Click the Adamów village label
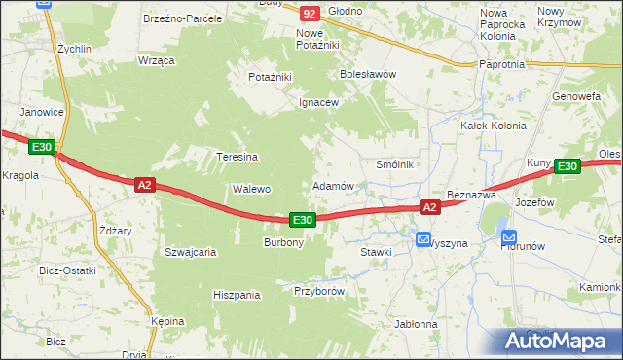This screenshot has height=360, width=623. tap(332, 185)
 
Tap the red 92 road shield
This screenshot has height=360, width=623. tap(310, 14)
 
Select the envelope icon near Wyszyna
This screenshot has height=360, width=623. tap(423, 238)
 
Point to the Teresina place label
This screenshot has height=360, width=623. tap(236, 157)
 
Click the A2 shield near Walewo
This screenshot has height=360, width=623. tap(144, 184)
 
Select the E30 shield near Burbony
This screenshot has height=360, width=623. tap(303, 221)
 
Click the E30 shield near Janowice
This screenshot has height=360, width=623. tap(41, 147)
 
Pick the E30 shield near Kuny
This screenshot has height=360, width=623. tap(568, 167)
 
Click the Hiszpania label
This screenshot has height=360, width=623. tap(238, 294)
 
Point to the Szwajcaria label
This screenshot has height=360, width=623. tap(190, 251)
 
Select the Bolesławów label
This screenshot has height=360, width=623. tap(366, 73)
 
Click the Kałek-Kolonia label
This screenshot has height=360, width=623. tap(493, 126)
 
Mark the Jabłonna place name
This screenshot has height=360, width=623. tap(417, 324)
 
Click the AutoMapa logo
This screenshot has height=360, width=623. tap(559, 342)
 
